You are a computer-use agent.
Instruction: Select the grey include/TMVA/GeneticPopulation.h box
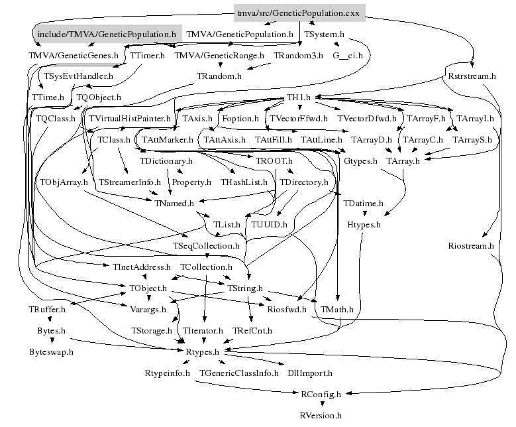point(107,33)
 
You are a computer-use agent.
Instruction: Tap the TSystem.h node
point(324,33)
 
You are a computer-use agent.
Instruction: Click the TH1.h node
point(299,97)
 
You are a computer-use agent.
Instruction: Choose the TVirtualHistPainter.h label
point(130,119)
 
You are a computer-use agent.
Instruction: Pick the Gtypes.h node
point(361,161)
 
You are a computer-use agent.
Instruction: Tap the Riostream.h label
point(471,245)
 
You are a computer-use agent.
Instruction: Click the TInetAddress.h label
point(142,267)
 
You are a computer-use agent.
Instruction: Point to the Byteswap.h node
point(51,352)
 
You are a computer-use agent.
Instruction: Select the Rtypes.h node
point(207,352)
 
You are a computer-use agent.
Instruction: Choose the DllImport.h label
point(310,373)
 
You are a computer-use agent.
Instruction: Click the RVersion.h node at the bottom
point(321,416)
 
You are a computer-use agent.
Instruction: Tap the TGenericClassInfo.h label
point(238,373)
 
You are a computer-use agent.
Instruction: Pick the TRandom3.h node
point(298,55)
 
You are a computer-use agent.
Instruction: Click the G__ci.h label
point(347,55)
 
